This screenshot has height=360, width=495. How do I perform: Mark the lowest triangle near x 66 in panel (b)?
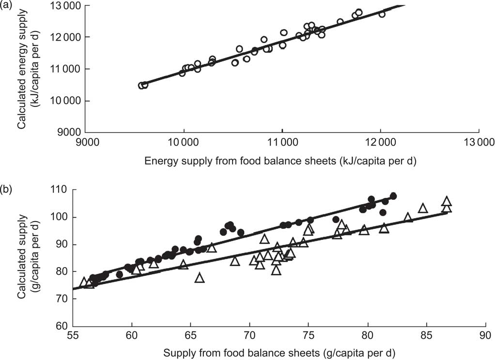[199, 278]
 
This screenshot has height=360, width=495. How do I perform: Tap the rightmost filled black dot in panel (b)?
[393, 196]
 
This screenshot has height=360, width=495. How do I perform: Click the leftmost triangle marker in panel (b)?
[84, 282]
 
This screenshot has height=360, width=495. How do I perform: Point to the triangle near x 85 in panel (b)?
[423, 208]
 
